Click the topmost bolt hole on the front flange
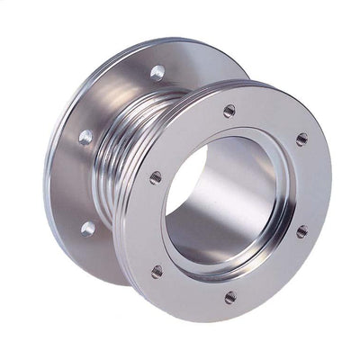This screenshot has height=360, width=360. click(229, 111)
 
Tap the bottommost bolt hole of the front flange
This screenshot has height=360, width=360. click(230, 296)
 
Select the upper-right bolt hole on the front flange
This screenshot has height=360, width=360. click(301, 139)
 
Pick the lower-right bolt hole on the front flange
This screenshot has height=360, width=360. click(301, 231)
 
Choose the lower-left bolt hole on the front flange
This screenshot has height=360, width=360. click(157, 271)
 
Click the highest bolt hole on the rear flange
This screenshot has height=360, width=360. click(157, 72)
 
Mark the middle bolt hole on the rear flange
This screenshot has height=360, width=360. click(85, 138)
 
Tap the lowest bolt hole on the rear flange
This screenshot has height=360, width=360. click(87, 228)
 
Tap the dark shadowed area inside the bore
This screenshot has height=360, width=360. click(184, 180)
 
